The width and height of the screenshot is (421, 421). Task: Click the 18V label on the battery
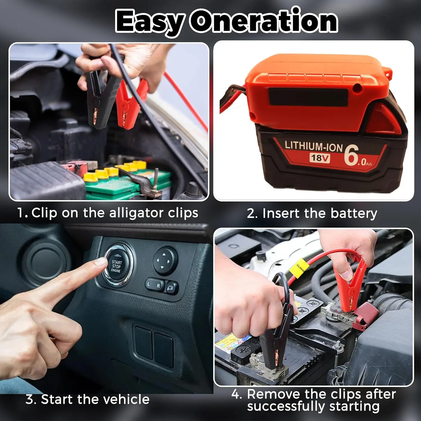coord(320,158)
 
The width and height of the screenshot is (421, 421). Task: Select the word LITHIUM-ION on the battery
coord(314,146)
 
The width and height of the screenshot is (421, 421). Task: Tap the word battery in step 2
coord(354,213)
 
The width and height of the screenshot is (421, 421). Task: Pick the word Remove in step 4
coord(273,394)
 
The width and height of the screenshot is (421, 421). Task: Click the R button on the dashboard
coord(159,286)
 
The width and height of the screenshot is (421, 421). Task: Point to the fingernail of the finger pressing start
coord(102,262)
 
